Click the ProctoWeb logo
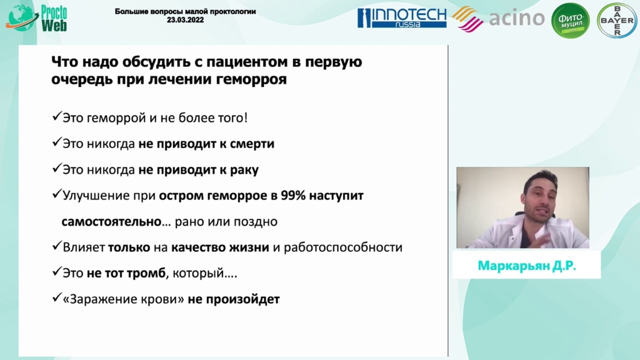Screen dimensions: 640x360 point(36,18)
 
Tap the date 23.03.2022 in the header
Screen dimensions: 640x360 point(185,20)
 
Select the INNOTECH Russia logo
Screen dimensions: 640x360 point(402,18)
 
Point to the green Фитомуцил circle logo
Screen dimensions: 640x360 point(571,21)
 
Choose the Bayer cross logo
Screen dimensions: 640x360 point(617,21)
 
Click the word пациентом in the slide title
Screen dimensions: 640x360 point(247,62)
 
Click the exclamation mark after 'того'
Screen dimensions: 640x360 point(245,117)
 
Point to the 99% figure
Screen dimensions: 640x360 point(293,196)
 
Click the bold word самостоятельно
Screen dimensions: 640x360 point(111,222)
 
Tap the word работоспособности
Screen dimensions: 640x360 point(343,247)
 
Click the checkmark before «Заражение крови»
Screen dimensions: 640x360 point(57,297)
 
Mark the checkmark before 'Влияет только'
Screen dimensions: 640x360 point(57,246)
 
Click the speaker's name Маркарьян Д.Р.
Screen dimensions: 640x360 point(526,266)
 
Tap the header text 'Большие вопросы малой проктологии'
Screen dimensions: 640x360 point(185,11)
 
